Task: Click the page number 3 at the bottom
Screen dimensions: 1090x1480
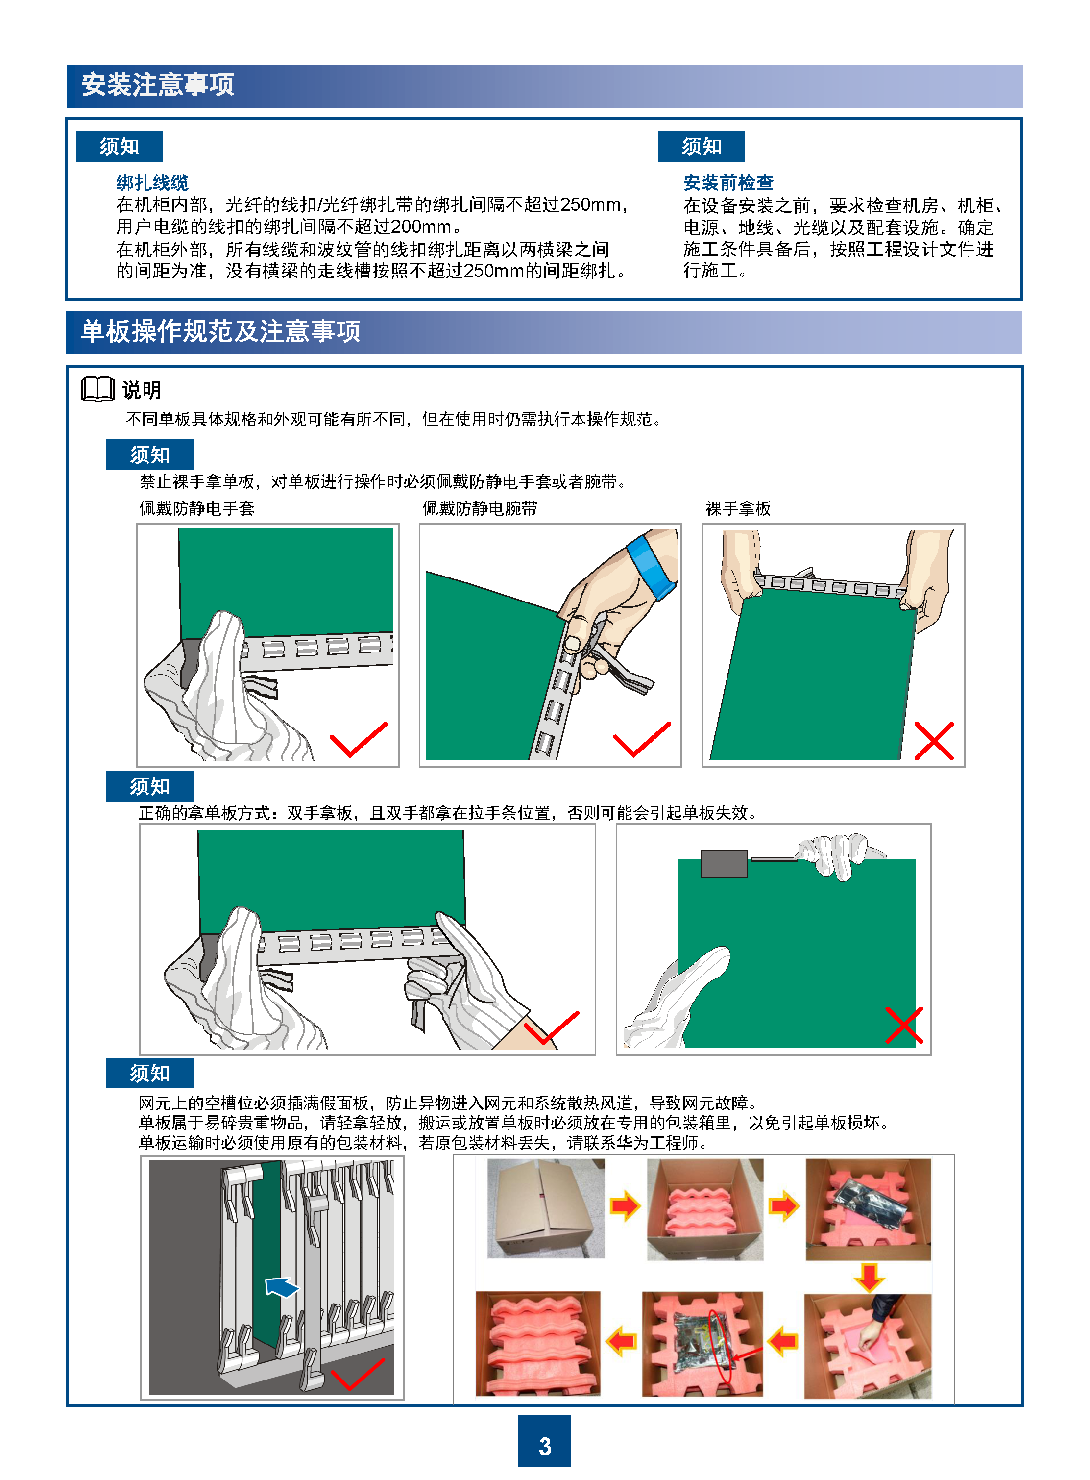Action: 544,1446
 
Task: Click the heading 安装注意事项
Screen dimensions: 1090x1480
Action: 158,84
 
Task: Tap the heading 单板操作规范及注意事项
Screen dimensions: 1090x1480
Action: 220,331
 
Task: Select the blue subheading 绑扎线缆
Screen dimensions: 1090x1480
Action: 152,182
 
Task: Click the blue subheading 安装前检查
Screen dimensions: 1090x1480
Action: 728,182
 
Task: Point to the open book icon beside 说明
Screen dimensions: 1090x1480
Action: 97,389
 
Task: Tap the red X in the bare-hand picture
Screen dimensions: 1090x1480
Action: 934,741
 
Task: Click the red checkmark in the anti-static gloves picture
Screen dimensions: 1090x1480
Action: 358,739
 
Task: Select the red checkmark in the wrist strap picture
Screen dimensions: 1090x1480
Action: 641,739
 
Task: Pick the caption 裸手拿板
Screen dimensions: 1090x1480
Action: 738,508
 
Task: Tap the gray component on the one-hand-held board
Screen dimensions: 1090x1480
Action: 724,863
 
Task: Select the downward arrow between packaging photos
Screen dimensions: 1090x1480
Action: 869,1278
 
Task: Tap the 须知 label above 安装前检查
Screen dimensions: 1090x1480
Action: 702,146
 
